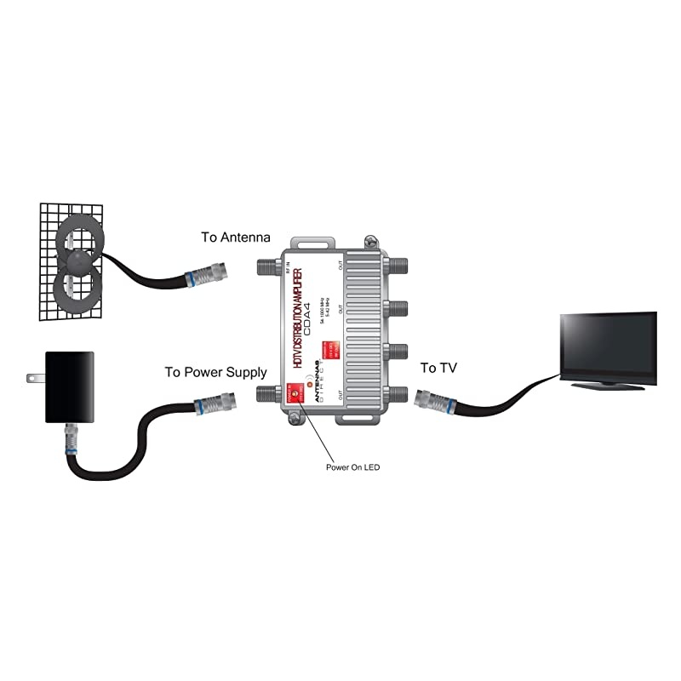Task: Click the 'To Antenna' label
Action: coord(236,237)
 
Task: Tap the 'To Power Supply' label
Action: coord(215,372)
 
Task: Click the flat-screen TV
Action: coord(607,347)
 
